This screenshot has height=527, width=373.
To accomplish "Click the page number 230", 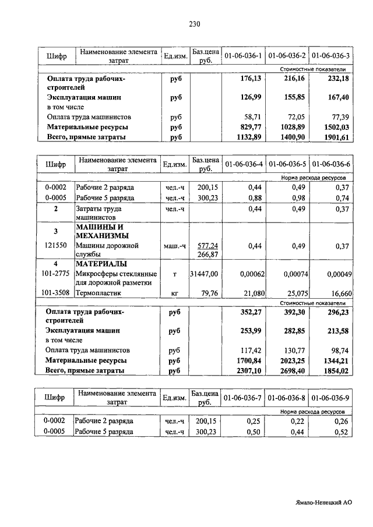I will click(194, 24).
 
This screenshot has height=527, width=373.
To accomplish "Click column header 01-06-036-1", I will click(243, 56).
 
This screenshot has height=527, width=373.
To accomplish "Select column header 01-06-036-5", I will click(287, 164).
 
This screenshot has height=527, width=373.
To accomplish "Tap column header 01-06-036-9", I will click(330, 398).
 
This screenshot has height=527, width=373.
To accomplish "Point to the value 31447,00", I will click(204, 274).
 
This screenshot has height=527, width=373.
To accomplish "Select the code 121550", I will click(56, 246).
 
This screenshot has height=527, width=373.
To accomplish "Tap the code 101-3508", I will click(56, 293).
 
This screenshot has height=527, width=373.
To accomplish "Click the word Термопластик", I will click(97, 293).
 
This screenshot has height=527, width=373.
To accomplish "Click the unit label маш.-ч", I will click(174, 246).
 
